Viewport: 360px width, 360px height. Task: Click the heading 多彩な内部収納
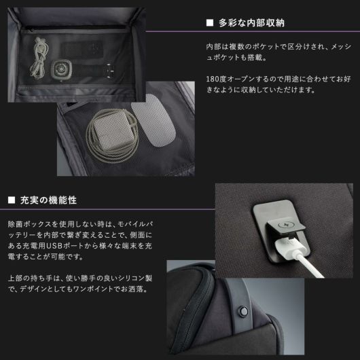(251, 23)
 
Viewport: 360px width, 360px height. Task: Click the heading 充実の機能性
(48, 200)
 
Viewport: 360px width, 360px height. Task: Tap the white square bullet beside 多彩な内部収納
(210, 23)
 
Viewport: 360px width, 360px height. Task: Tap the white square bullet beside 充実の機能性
(12, 200)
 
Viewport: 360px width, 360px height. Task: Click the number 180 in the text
(213, 79)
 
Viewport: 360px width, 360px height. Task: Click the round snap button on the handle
(243, 311)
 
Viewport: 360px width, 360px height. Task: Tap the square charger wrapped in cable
(112, 130)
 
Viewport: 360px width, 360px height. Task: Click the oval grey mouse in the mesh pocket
(153, 120)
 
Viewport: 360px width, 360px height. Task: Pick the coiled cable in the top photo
(39, 58)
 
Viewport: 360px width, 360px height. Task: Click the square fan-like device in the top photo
(61, 69)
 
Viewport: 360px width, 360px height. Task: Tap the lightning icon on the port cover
(285, 225)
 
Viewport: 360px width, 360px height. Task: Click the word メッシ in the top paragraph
(342, 47)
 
